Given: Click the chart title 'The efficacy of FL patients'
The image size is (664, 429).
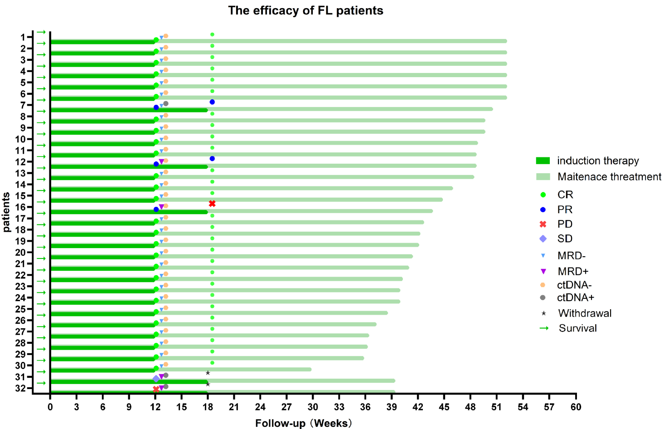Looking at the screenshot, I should click(x=305, y=10).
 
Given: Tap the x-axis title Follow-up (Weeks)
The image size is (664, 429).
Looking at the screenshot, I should click(x=303, y=423).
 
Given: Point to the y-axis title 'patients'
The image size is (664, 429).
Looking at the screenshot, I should click(x=6, y=212).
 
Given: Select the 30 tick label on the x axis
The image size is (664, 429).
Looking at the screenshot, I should click(x=313, y=407).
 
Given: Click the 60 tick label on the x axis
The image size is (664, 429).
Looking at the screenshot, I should click(x=576, y=407).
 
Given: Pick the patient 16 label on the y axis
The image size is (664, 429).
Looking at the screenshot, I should click(x=25, y=207).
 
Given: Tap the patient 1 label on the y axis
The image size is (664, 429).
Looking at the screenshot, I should click(x=28, y=37).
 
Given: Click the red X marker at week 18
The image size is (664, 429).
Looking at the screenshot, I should click(x=212, y=204).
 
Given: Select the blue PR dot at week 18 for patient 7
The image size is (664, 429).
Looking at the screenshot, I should click(x=212, y=102).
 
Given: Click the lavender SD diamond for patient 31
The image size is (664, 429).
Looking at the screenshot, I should click(x=156, y=379).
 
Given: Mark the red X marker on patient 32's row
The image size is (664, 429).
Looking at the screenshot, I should click(x=156, y=389).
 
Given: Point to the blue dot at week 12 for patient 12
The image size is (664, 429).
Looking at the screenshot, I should click(x=156, y=164).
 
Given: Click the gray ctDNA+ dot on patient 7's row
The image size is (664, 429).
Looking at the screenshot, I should click(x=166, y=104).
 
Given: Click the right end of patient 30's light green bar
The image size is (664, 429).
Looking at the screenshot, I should click(x=310, y=369).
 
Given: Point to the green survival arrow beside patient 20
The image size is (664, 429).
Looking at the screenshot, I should click(x=41, y=247).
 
